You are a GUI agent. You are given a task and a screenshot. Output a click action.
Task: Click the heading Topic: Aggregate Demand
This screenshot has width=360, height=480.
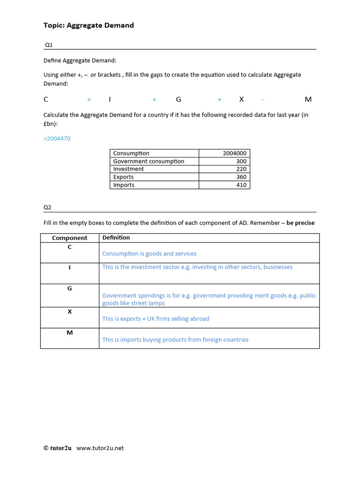pos(89,25)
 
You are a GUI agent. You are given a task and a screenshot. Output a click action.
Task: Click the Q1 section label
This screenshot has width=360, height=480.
pos(49,45)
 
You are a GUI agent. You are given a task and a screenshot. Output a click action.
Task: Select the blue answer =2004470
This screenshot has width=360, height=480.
pos(57,139)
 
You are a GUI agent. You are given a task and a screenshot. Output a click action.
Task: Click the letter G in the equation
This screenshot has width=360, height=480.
pos(178,99)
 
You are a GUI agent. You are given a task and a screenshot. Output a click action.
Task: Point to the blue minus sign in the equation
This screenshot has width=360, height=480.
pos(262,99)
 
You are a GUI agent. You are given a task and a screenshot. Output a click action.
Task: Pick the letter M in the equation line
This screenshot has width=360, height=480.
pos(308,99)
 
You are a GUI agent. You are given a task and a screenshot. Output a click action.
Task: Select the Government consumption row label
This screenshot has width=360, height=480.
pos(149,161)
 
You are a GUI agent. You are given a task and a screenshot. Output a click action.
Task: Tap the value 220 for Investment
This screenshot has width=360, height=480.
pos(241,169)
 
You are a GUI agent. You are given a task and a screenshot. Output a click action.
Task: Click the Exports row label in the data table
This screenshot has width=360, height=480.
pos(123,177)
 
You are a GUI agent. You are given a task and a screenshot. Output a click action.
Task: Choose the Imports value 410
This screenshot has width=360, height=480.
pos(241,185)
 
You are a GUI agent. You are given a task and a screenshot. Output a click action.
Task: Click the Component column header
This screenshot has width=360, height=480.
pos(69,238)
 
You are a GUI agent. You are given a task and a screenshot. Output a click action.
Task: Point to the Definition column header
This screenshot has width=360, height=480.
pos(116,238)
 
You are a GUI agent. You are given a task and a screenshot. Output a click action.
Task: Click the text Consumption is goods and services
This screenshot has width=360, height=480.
pos(149,254)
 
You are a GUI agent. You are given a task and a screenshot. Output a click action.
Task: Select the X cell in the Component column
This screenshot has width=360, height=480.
pos(69,311)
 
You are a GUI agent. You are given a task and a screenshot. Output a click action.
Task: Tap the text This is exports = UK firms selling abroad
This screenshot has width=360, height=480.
pos(156,319)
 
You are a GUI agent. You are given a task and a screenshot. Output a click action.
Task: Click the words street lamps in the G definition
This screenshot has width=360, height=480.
pos(149,303)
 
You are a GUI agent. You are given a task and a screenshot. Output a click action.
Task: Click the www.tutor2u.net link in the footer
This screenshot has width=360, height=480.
pos(100,448)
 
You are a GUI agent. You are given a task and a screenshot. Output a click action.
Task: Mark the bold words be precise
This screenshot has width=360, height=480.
pos(300,223)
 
